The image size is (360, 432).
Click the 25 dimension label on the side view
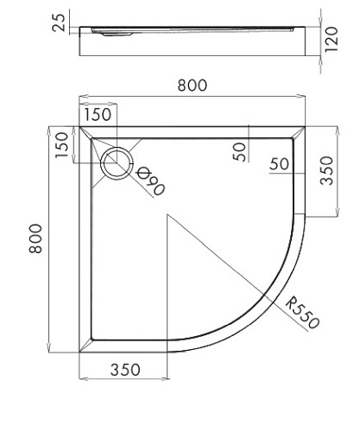tap(59, 22)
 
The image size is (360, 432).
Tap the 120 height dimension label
tap(331, 39)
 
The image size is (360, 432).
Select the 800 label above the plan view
tap(192, 86)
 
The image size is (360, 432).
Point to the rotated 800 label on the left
tap(35, 238)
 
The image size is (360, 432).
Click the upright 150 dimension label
tap(98, 114)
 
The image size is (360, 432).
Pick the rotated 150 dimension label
tap(62, 145)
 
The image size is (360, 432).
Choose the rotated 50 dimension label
tap(239, 152)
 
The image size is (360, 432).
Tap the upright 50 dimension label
tap(279, 164)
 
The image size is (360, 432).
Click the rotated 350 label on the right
tap(326, 170)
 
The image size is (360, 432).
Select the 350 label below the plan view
tap(125, 370)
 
